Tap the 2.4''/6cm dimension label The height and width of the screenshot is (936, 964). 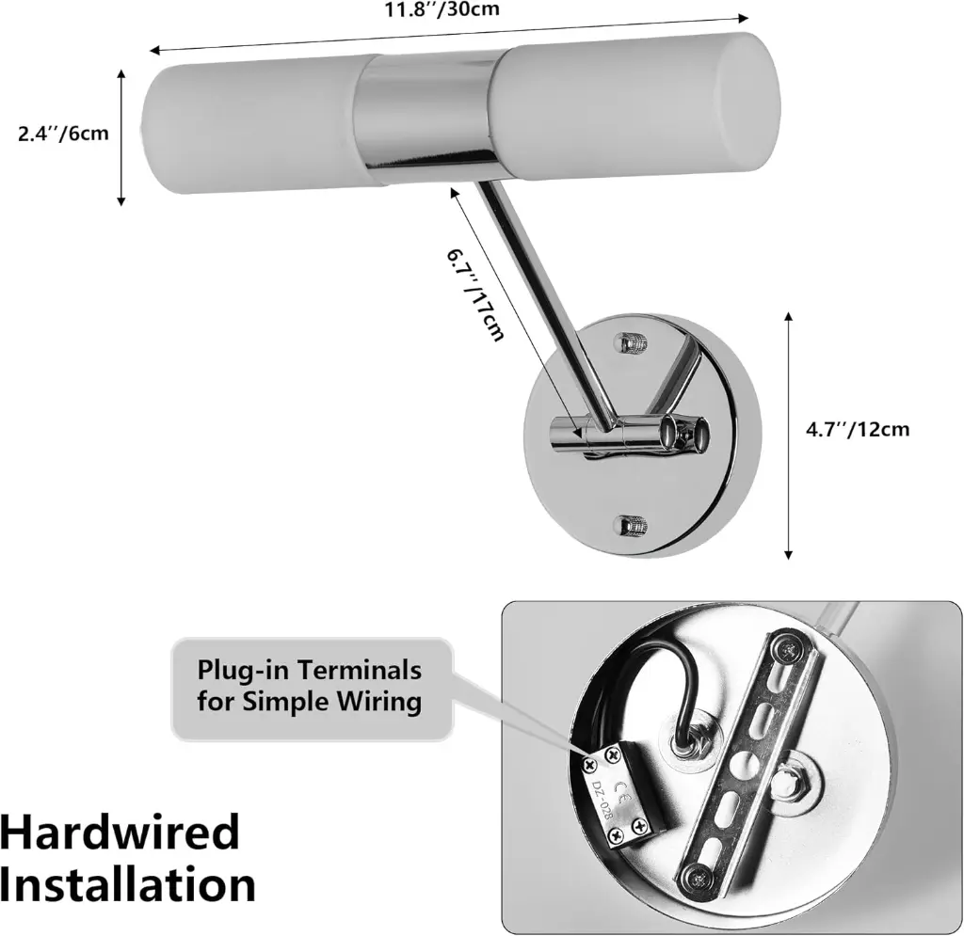63,134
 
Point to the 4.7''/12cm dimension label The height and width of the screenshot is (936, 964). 858,430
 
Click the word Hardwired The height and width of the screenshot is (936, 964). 120,833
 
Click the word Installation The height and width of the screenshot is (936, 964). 128,886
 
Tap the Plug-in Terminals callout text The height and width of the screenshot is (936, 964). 309,686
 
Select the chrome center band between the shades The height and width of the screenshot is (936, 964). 428,115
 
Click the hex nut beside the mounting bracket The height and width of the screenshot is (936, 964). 785,777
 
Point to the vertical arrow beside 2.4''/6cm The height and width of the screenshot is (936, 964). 121,135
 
